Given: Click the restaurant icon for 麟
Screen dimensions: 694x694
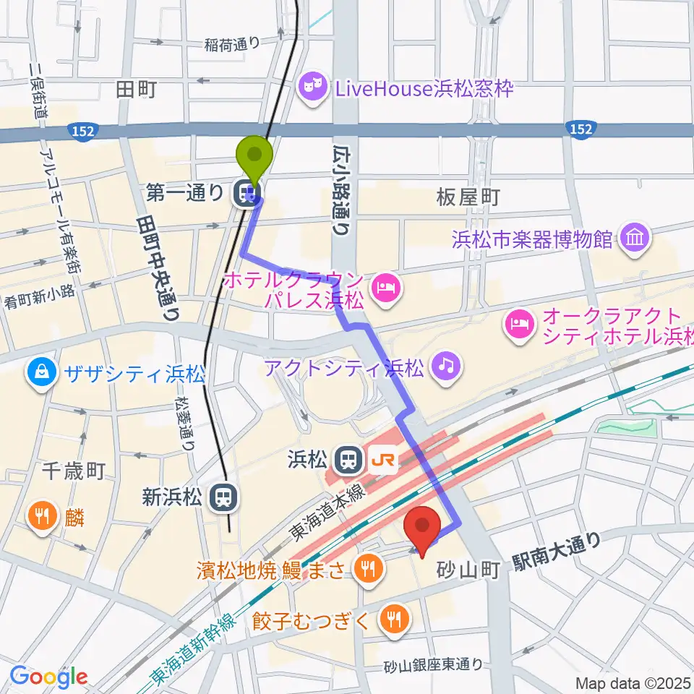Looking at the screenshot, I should [x=42, y=517].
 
